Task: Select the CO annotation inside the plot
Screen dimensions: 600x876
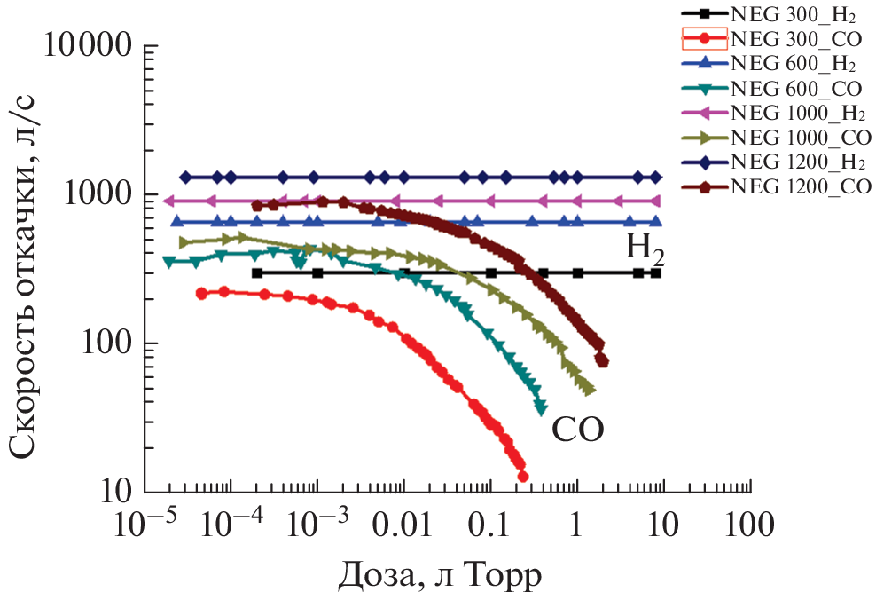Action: (x=577, y=430)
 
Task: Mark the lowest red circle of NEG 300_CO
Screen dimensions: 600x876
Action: (x=522, y=476)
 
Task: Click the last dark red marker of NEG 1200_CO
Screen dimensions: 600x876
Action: (x=602, y=360)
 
